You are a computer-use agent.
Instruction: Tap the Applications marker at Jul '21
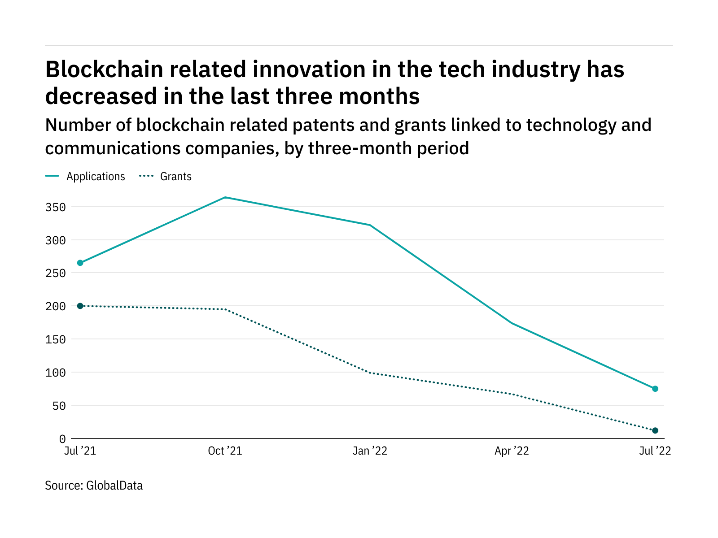point(80,263)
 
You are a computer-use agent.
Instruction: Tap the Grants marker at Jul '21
point(80,306)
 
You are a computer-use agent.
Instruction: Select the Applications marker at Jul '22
point(655,389)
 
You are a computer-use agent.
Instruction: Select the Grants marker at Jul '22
point(655,430)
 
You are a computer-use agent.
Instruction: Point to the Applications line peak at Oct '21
point(225,197)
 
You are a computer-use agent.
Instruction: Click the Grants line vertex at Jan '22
point(369,373)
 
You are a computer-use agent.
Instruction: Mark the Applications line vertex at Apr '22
point(512,323)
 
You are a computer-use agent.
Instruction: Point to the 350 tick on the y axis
point(55,208)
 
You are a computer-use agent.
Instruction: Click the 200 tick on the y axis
point(55,307)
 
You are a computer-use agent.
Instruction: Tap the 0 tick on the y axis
point(62,439)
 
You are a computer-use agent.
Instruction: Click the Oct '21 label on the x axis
point(225,451)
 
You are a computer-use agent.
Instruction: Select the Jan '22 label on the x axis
point(369,451)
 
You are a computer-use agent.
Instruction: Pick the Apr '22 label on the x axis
point(512,451)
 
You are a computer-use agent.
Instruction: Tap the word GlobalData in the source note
point(114,486)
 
